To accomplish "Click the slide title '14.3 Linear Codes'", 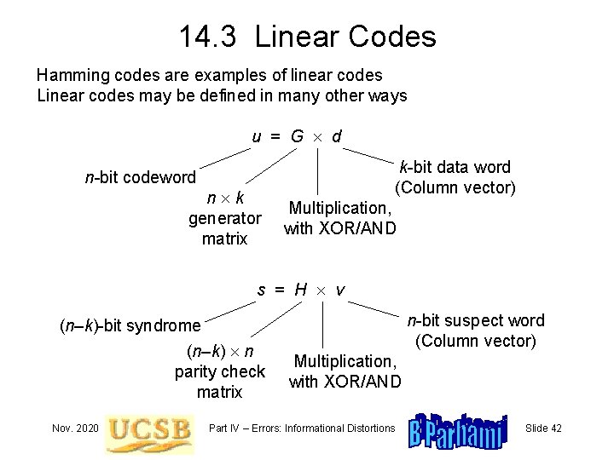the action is click(x=307, y=36).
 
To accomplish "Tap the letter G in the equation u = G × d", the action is click(x=297, y=136).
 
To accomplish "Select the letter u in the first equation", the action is click(x=257, y=136).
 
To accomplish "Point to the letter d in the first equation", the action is click(x=338, y=136).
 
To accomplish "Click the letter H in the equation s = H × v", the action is click(x=300, y=290).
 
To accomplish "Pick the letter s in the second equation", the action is click(x=263, y=290).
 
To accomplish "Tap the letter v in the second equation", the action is click(x=340, y=290).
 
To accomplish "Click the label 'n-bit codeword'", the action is click(x=140, y=178).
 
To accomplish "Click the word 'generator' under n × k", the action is click(x=224, y=219).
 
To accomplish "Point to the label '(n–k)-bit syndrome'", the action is click(x=130, y=325).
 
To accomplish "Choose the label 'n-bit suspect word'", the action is click(x=475, y=321).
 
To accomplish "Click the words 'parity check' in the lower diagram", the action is click(x=220, y=372).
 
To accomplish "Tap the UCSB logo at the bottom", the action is click(x=149, y=428).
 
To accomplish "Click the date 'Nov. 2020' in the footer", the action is click(x=73, y=427).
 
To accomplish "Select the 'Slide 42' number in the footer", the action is click(x=544, y=427).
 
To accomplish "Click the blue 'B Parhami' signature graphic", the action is click(x=459, y=428).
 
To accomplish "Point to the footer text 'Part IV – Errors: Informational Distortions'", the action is click(x=302, y=427).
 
